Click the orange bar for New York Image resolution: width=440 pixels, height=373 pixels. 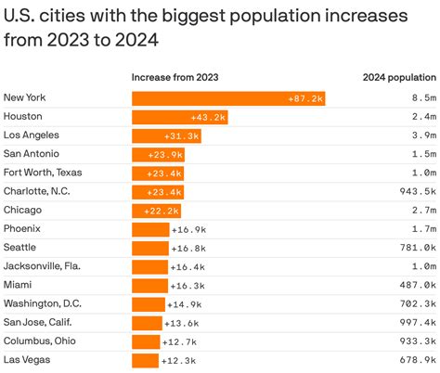227,98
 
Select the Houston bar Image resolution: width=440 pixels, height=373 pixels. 179,117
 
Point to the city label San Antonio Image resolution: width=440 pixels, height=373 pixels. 32,154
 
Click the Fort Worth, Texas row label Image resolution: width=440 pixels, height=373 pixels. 42,173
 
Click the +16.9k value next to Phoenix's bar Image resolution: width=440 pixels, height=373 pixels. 188,229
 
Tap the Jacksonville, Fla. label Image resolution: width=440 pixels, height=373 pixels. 42,266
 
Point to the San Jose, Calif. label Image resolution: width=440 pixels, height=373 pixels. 43,322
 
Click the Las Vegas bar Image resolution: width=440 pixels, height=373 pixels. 145,360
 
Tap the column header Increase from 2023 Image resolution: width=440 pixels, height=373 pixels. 175,77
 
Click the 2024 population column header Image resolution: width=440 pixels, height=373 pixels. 399,77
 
